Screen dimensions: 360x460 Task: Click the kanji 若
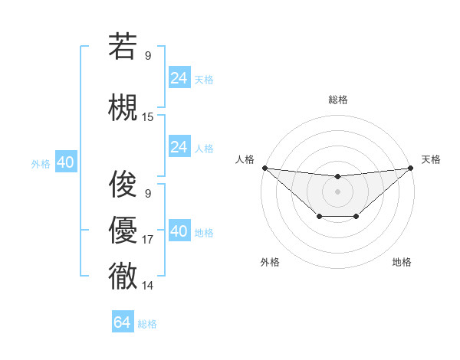(x=123, y=46)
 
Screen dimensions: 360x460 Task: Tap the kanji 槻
(x=123, y=107)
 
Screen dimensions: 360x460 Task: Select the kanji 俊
(x=123, y=184)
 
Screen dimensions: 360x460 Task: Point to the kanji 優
(x=123, y=230)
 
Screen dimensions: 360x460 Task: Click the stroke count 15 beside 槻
(x=148, y=117)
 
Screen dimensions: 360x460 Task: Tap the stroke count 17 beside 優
(x=148, y=240)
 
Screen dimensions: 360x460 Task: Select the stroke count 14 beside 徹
(x=148, y=286)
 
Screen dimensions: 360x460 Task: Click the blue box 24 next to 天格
(x=179, y=78)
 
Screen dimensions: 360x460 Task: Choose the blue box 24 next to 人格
(x=179, y=147)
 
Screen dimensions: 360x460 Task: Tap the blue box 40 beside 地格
(x=179, y=231)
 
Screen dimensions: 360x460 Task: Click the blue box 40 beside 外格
(x=65, y=162)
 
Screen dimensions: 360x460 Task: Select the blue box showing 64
(x=123, y=322)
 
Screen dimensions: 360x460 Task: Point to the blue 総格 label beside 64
(x=147, y=324)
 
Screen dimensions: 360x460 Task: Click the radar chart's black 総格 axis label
(x=337, y=100)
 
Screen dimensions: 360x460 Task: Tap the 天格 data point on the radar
(x=411, y=168)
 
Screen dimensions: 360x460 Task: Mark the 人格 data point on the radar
(x=264, y=168)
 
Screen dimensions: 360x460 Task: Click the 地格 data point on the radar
(x=356, y=218)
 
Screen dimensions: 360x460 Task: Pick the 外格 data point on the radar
(x=318, y=218)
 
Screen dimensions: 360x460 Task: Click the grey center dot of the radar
(x=337, y=191)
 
